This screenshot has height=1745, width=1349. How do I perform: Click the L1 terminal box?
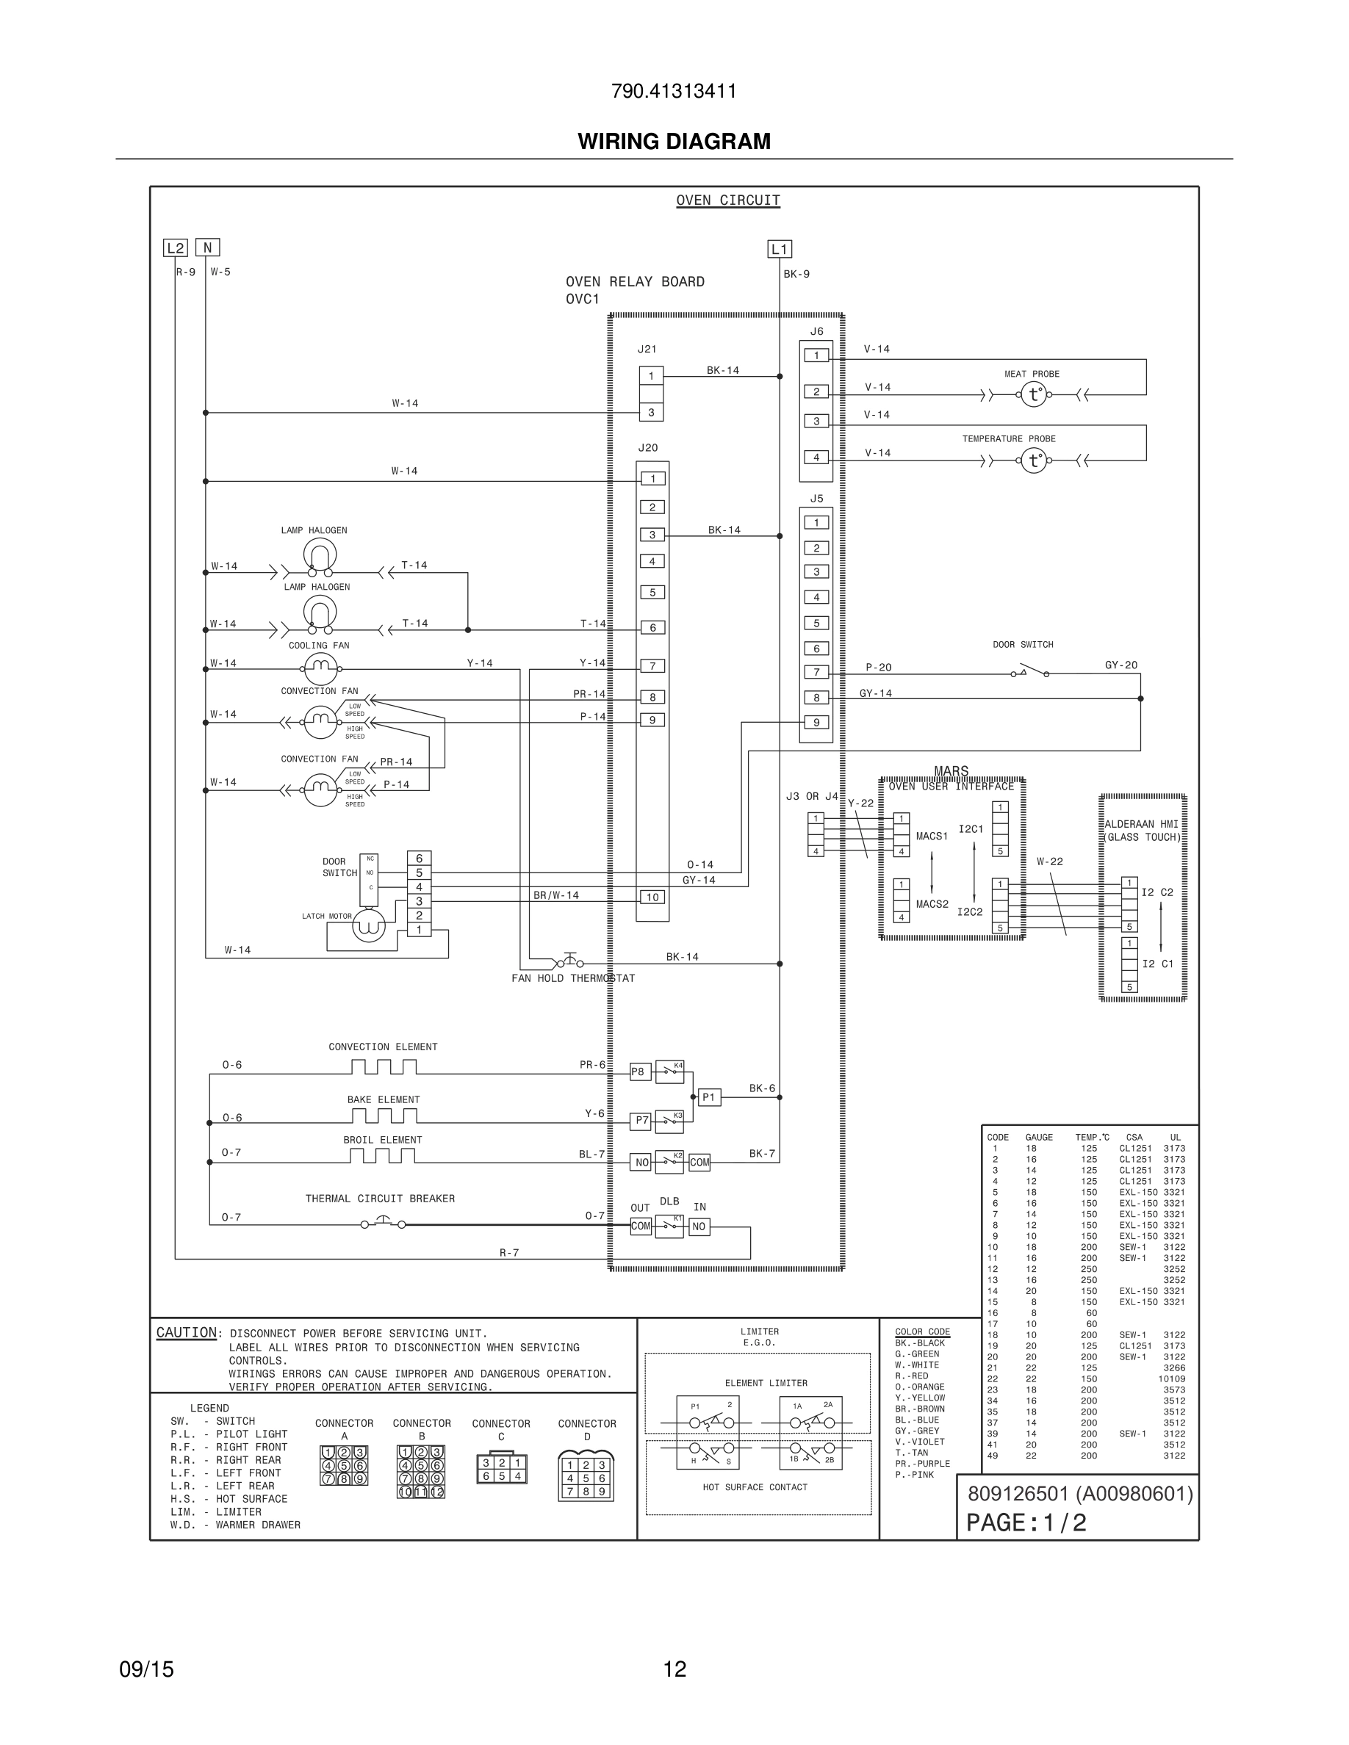[779, 249]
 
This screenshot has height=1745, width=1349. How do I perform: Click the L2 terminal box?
[175, 248]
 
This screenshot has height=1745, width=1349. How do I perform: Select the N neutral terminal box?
[208, 248]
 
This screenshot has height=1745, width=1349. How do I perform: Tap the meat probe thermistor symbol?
[1033, 394]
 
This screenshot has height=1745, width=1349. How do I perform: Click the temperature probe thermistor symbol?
[1033, 461]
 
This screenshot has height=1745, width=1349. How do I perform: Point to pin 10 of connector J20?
[652, 897]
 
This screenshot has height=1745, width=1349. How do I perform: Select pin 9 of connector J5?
[816, 722]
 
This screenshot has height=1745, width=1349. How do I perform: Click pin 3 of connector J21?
[651, 413]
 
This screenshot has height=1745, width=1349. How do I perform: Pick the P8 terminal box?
[638, 1072]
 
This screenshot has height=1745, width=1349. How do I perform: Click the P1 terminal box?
[709, 1097]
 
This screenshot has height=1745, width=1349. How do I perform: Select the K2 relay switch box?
[669, 1162]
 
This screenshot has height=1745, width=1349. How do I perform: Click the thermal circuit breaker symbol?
[383, 1223]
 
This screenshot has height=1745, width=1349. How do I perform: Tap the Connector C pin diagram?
[501, 1469]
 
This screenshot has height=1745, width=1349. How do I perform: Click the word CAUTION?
[186, 1333]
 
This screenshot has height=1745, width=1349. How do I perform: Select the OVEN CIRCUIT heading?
[727, 200]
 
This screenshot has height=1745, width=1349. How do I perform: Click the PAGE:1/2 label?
[1026, 1523]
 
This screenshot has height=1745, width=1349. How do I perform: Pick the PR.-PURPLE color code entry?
[922, 1464]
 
